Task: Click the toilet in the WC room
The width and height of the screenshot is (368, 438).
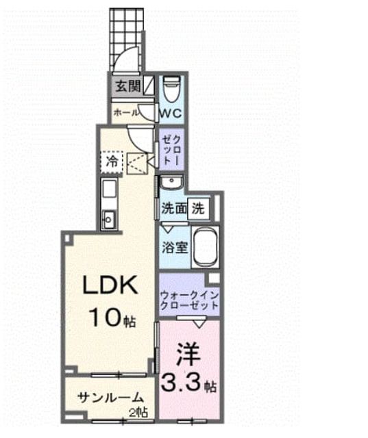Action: point(171,89)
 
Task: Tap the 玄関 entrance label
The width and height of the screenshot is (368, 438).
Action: point(128,86)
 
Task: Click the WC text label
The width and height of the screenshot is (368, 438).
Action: point(171,113)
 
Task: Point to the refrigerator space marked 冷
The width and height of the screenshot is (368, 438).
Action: point(112,162)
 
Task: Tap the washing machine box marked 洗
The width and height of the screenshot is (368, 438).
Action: point(198,209)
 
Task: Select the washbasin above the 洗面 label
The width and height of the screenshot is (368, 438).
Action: point(171,183)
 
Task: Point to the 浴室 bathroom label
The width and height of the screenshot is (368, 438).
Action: point(175,247)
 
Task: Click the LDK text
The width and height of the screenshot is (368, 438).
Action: point(110,285)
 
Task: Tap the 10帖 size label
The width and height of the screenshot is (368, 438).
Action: point(112,319)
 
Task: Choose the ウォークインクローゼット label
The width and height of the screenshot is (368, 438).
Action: point(189,300)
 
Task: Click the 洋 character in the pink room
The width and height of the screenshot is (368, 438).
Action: point(188,354)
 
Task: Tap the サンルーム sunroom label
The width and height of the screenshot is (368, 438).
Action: point(110,398)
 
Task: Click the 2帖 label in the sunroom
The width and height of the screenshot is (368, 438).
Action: point(138,412)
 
